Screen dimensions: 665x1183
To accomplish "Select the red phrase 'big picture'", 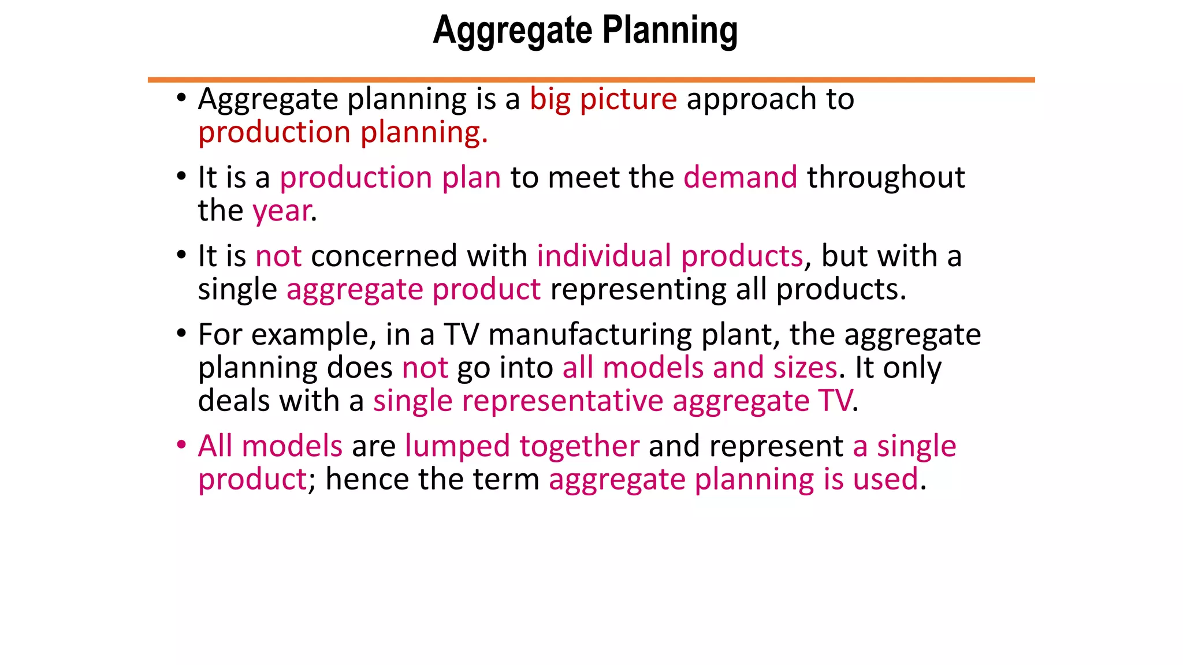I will (603, 99).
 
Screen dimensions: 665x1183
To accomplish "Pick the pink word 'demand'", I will (740, 177).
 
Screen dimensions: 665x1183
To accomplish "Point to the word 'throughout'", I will (886, 177).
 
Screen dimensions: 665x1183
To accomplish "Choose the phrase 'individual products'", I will (669, 255).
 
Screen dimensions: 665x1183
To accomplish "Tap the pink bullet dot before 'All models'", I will (181, 445).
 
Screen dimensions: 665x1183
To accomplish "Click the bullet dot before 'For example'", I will (181, 333).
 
